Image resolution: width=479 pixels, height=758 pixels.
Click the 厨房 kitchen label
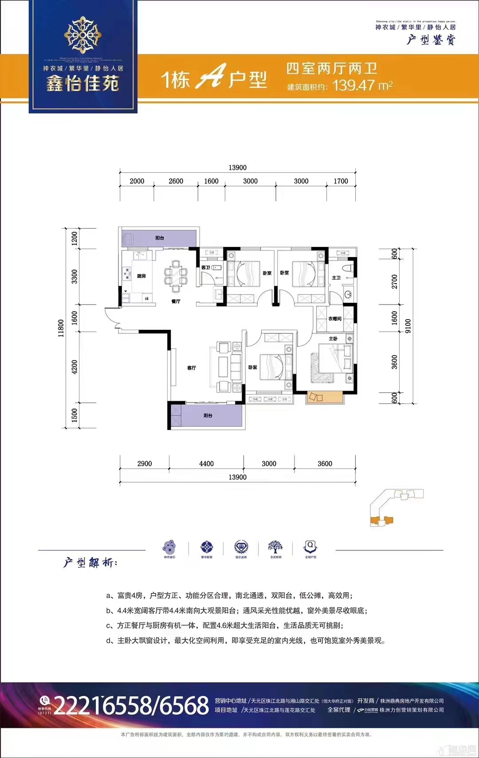[x=141, y=276]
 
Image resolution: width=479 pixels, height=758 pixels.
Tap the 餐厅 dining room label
[x=176, y=301]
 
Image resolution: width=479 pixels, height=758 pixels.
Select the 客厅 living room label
[x=192, y=368]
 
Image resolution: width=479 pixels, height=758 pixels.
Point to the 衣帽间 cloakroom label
[x=335, y=319]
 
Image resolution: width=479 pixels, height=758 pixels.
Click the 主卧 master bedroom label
[x=333, y=339]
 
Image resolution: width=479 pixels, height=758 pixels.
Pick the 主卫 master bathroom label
[x=336, y=278]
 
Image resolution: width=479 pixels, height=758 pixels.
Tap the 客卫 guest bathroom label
[x=206, y=268]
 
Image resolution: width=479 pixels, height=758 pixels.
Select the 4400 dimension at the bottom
[x=206, y=464]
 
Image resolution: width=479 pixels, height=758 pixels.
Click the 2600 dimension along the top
[x=176, y=181]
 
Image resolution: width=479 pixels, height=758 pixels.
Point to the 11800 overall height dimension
[x=61, y=328]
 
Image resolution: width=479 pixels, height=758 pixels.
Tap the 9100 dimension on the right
[x=408, y=326]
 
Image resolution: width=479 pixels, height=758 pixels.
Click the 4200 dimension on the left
[x=75, y=367]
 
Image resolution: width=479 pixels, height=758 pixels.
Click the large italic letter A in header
[x=212, y=77]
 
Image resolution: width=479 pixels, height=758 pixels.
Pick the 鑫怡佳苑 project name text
[x=83, y=83]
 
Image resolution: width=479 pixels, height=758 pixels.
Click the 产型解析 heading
[x=90, y=563]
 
